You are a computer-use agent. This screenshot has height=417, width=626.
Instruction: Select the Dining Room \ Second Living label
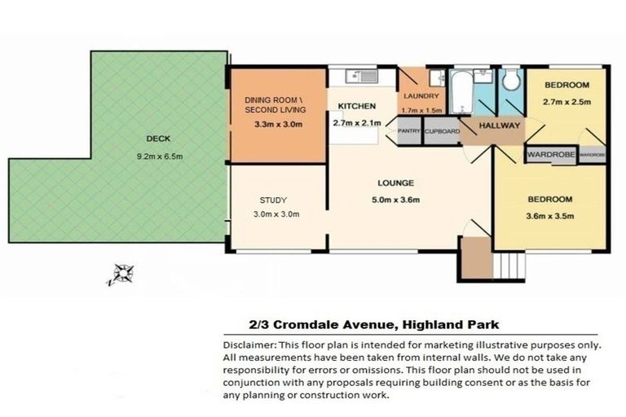tap(276, 104)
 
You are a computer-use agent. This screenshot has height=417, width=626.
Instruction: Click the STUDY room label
tap(274, 200)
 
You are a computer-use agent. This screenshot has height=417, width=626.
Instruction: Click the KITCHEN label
tap(356, 107)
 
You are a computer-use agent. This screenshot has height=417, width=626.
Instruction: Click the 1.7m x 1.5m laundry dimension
tap(422, 110)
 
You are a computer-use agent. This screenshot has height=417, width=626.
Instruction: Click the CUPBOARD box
tap(442, 131)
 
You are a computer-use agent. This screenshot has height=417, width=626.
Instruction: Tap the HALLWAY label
tap(499, 126)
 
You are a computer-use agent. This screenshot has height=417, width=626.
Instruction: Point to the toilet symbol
tap(510, 80)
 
